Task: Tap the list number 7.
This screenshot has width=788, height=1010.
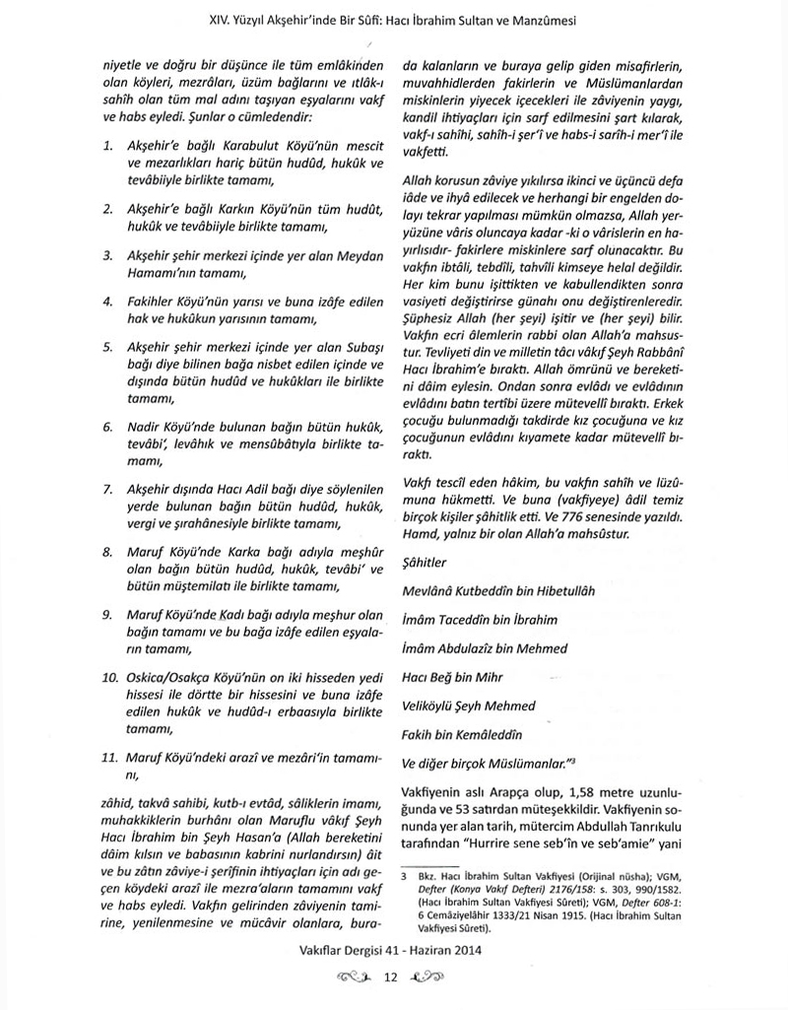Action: [107, 489]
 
